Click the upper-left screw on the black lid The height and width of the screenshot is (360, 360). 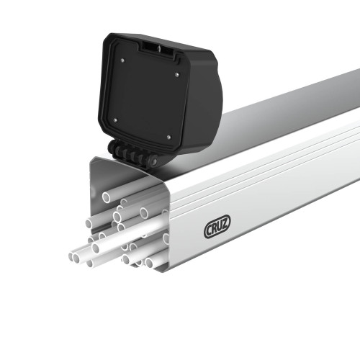pos(123,60)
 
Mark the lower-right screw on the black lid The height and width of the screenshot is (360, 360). pos(168,136)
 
